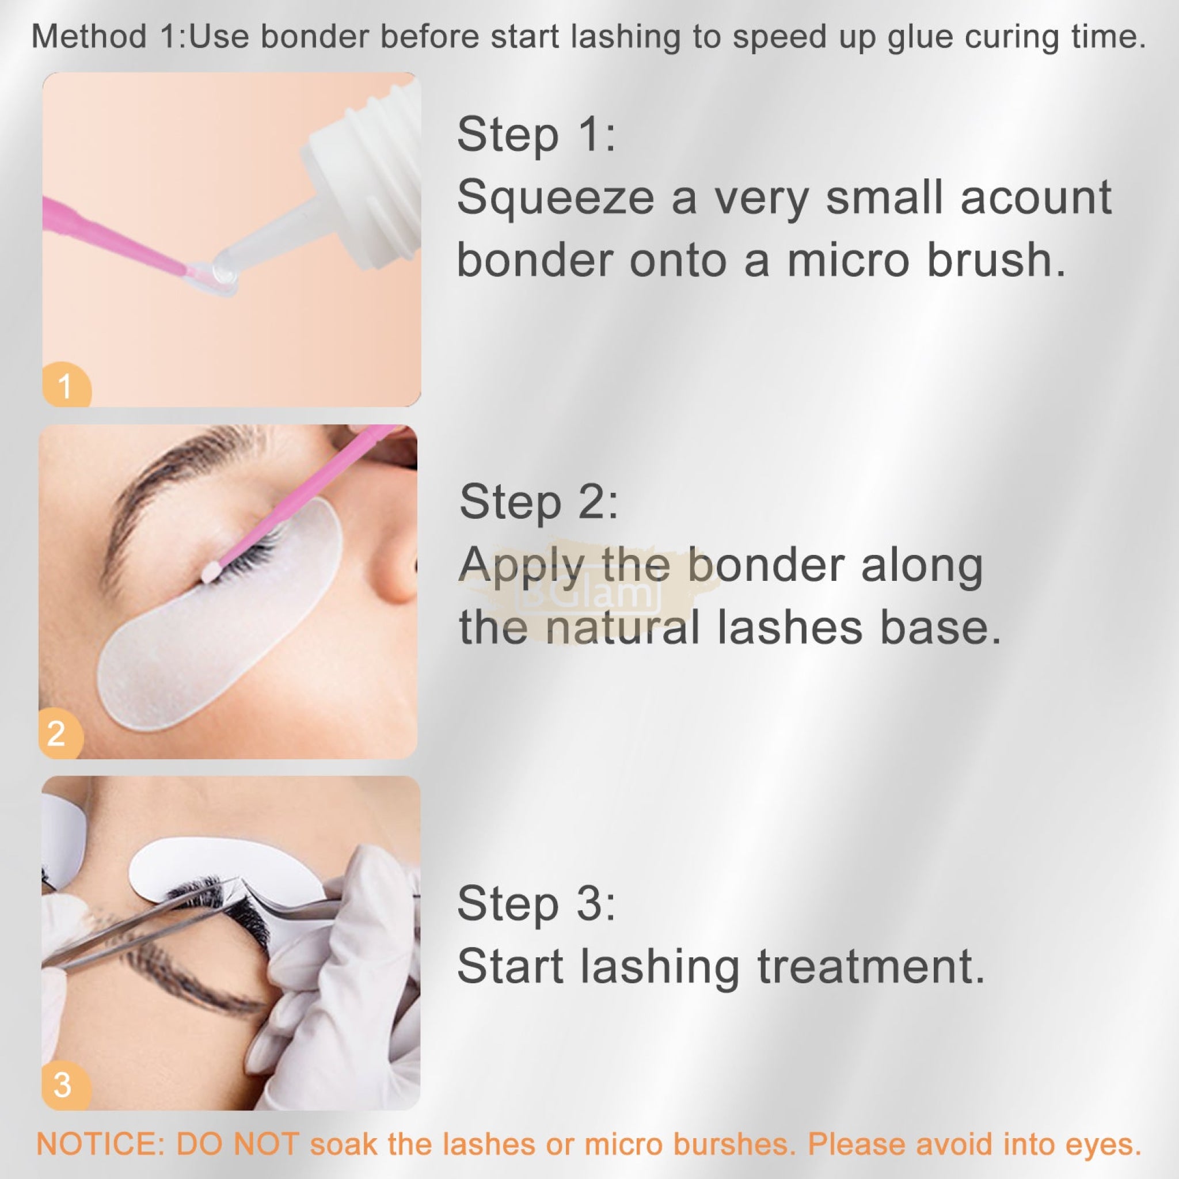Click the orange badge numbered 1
tap(66, 385)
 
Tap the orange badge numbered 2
tap(60, 734)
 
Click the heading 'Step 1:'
tap(537, 135)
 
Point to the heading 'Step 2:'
tap(539, 502)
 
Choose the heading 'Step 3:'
tap(537, 904)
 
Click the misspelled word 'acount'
tap(1036, 199)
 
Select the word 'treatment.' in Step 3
tap(871, 967)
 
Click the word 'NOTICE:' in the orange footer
tap(100, 1144)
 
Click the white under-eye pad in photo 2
tap(220, 617)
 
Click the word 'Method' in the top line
tap(89, 37)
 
